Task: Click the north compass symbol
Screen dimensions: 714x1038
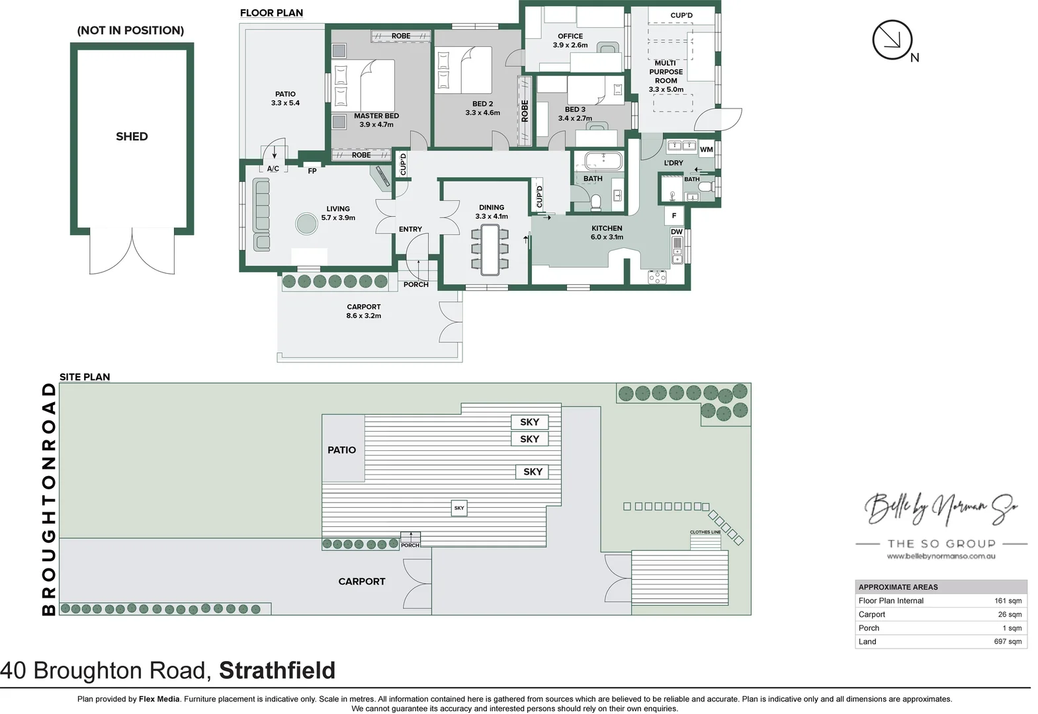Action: [x=892, y=40]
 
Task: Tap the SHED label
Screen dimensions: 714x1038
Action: [x=132, y=137]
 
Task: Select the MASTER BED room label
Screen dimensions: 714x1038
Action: [x=376, y=116]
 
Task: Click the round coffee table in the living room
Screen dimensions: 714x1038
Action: [x=307, y=223]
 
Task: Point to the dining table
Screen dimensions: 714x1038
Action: [x=490, y=249]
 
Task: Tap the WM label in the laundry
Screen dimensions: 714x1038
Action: [x=707, y=149]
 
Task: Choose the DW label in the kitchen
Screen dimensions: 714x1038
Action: [x=677, y=232]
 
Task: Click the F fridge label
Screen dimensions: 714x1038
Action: [x=674, y=216]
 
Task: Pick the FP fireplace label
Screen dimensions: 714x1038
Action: [x=312, y=171]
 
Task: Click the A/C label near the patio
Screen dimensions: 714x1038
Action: [x=273, y=169]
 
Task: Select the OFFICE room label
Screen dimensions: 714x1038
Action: [x=570, y=36]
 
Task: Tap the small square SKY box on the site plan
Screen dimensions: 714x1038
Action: [x=459, y=508]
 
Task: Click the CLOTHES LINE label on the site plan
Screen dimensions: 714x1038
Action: [x=705, y=532]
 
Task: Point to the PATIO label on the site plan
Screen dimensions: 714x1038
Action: [x=341, y=450]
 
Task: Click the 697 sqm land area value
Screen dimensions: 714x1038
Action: [x=1008, y=641]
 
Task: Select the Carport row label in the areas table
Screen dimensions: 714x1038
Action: [x=872, y=614]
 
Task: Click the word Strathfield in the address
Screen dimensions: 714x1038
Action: [x=277, y=670]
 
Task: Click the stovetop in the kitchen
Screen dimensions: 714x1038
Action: [x=657, y=277]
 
